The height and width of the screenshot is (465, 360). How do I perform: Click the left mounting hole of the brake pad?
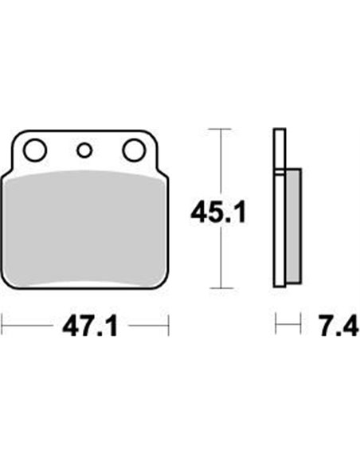[x=34, y=149]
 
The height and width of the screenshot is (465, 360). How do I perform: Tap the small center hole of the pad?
[x=84, y=149]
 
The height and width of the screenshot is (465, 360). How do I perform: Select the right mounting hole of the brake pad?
[x=134, y=149]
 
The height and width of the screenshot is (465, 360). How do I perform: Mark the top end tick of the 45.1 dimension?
[x=220, y=127]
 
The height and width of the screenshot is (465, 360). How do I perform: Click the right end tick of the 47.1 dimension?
[x=169, y=325]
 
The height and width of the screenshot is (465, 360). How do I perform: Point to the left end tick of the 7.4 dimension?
[x=276, y=325]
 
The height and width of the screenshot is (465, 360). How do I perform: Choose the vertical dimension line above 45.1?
[x=220, y=159]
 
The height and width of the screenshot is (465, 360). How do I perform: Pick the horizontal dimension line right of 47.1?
[x=147, y=325]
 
